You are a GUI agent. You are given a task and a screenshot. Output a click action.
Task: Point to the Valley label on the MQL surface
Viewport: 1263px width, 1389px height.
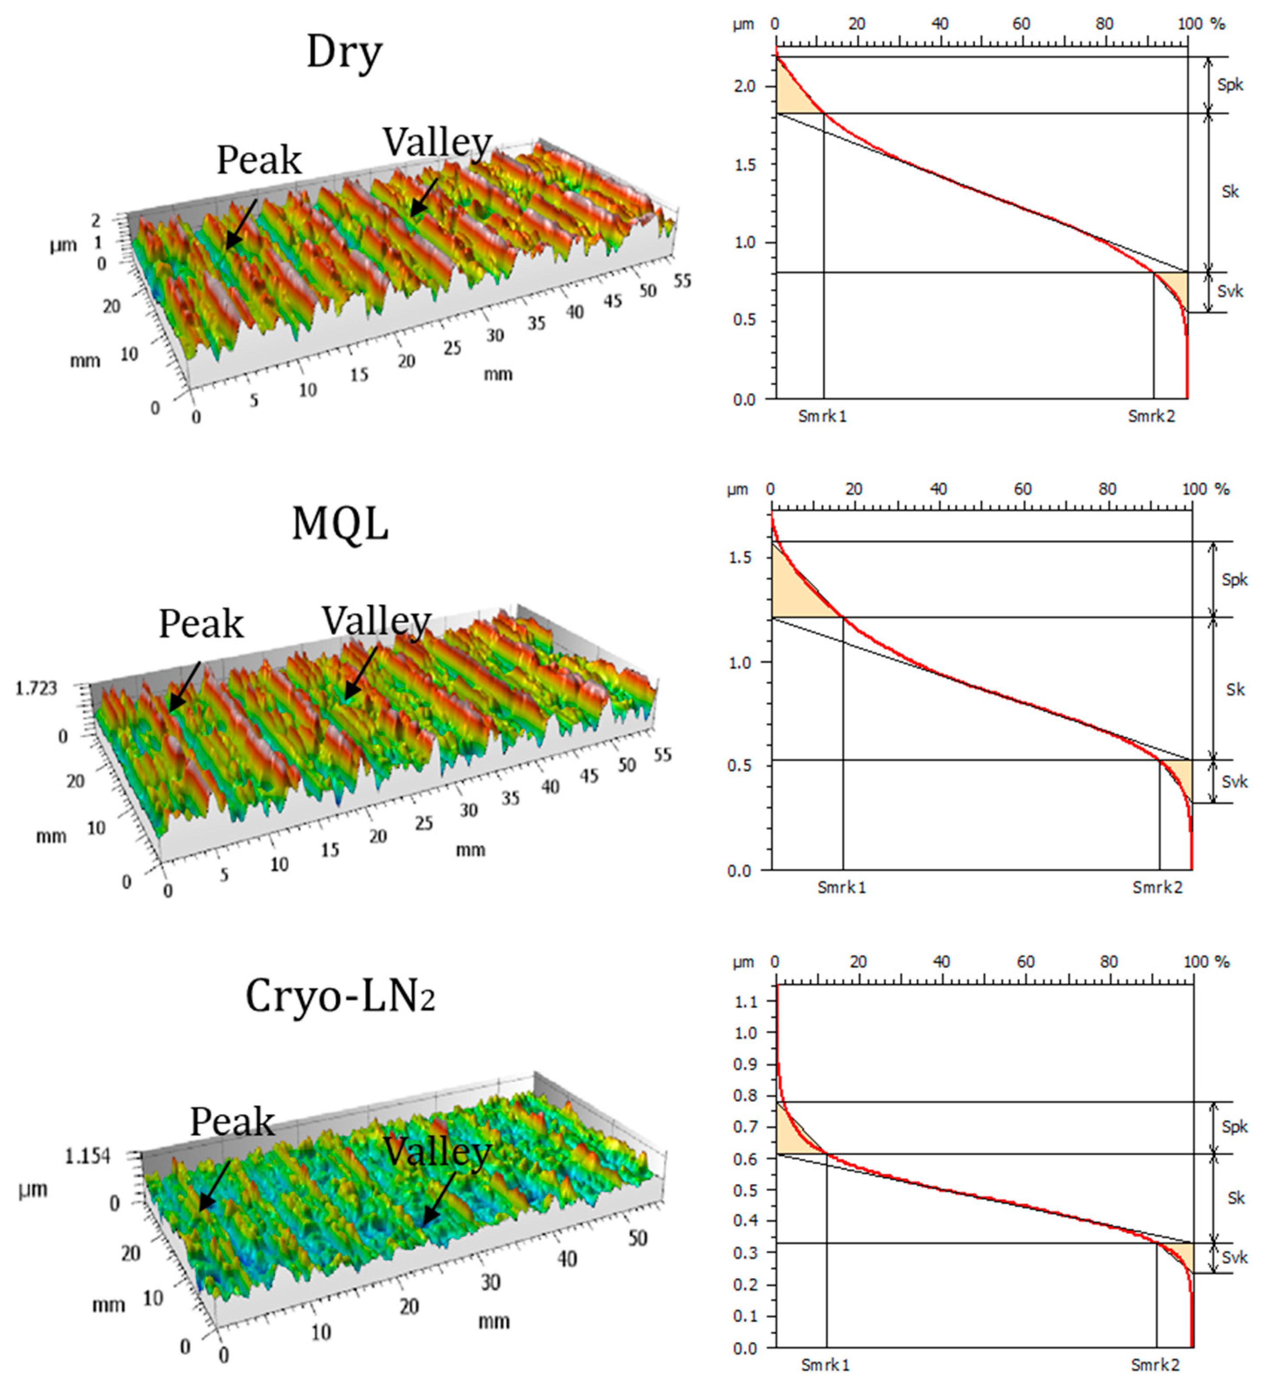tap(377, 621)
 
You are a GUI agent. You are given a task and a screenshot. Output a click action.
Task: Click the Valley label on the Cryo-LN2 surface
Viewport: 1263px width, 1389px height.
tap(437, 1151)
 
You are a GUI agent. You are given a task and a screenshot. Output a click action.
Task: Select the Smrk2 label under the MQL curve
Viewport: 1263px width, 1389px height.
tap(1157, 888)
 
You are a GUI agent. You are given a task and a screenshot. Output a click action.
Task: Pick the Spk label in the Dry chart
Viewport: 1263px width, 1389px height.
tap(1230, 85)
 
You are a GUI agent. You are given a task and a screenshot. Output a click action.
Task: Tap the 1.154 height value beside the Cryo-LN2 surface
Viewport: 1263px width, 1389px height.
tap(87, 1156)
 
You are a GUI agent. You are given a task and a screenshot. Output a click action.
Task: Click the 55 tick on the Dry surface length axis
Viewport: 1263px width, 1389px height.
tap(682, 280)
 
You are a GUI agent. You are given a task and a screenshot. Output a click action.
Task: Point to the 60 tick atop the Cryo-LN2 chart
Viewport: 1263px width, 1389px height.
tap(1025, 962)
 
